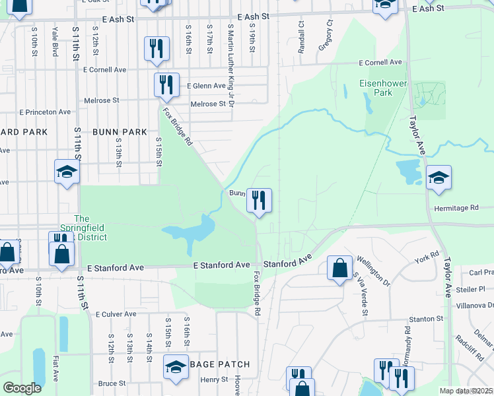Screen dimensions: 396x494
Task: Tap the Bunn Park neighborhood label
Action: (x=120, y=132)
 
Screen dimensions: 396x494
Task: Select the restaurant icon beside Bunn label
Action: (x=259, y=200)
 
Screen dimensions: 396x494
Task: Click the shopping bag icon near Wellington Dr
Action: (x=339, y=268)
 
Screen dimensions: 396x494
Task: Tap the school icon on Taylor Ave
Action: (x=439, y=178)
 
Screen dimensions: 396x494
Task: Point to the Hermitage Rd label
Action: (x=456, y=208)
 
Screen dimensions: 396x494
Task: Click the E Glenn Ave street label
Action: (x=207, y=86)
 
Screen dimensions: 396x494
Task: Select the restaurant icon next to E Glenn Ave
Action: (x=166, y=85)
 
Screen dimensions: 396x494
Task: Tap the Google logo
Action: (x=22, y=388)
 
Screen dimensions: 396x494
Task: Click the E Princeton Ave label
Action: (x=45, y=112)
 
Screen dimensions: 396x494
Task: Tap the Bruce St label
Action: (x=112, y=383)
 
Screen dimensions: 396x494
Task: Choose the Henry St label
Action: (x=214, y=379)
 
